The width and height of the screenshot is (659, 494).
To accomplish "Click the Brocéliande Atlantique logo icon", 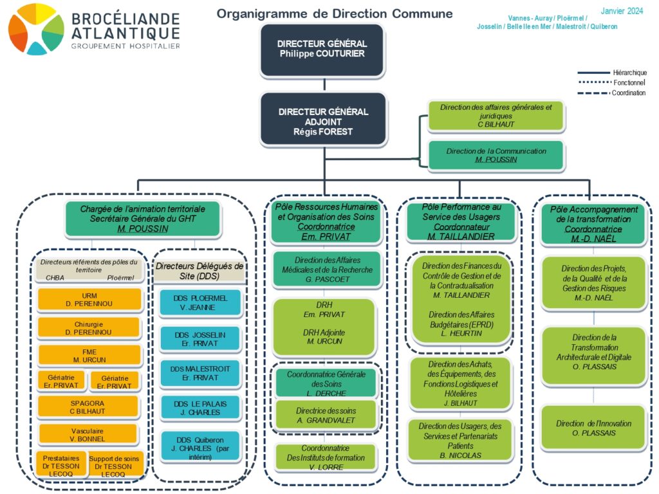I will [x=36, y=29].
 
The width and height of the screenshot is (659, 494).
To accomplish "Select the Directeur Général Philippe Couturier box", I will [x=322, y=49].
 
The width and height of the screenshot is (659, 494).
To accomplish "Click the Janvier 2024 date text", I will [x=622, y=11].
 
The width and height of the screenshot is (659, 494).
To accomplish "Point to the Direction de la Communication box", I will [x=496, y=155].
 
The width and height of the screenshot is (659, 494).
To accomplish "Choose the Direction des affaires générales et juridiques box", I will [x=496, y=116].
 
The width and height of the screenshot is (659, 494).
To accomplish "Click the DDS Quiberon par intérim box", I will [x=200, y=444].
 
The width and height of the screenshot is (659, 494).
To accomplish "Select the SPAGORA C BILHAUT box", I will [x=88, y=407].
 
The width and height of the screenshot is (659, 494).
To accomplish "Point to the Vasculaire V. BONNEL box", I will [x=88, y=434].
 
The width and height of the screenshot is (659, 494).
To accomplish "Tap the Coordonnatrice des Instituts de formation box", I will [x=325, y=457].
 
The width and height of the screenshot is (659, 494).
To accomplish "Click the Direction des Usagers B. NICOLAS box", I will [x=460, y=441].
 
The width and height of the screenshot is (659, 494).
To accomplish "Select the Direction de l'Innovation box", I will [x=593, y=428].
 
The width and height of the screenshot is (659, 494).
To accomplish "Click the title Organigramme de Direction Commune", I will [x=335, y=14].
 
